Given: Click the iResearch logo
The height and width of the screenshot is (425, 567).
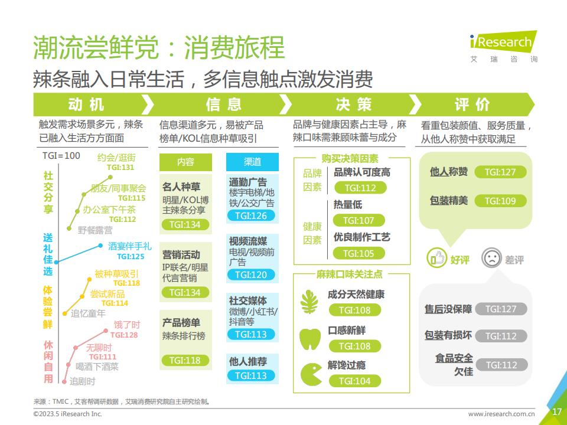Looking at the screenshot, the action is click(x=503, y=46).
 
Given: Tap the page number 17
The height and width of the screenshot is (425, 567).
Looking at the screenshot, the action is click(x=557, y=411).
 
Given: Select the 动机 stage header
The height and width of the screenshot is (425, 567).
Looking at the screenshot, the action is click(x=87, y=104).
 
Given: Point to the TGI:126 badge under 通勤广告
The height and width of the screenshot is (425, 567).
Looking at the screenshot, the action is click(x=251, y=216).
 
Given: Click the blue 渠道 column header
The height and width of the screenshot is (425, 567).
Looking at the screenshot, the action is click(x=252, y=162).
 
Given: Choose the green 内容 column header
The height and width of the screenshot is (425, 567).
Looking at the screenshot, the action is click(x=185, y=162).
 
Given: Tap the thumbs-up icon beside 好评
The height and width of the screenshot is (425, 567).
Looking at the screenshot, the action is click(x=437, y=258).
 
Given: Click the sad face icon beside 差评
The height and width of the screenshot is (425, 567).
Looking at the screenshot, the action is click(x=492, y=258).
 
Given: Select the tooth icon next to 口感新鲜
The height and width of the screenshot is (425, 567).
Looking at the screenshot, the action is click(x=310, y=339).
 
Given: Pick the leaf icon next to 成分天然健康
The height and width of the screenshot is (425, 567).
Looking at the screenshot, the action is click(x=309, y=302).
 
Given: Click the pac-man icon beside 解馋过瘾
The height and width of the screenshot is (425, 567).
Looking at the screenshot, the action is click(x=311, y=374).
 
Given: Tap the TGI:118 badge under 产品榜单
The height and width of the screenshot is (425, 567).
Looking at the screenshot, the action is click(x=185, y=360).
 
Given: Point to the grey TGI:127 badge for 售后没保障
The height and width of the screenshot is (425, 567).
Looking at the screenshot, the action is click(x=501, y=309).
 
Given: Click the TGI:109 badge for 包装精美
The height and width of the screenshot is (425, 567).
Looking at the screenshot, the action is click(x=500, y=201).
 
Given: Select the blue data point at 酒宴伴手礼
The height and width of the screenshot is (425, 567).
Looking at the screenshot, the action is click(x=100, y=246).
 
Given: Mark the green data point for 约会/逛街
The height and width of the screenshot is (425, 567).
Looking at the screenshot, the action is click(x=110, y=177).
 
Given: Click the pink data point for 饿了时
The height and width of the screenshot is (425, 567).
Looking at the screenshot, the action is click(x=106, y=331).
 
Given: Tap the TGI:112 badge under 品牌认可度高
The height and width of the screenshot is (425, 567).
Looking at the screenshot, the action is click(x=360, y=188).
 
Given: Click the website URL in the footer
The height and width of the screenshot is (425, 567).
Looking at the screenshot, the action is click(x=501, y=414).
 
